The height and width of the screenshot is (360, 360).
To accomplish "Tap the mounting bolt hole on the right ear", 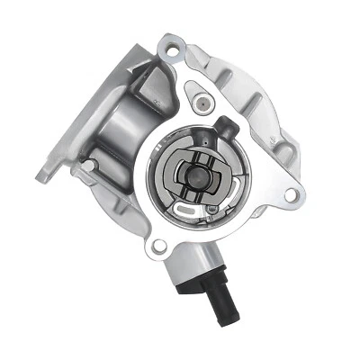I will point(290,194).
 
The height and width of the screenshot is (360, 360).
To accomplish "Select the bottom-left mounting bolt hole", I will point(160,244).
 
